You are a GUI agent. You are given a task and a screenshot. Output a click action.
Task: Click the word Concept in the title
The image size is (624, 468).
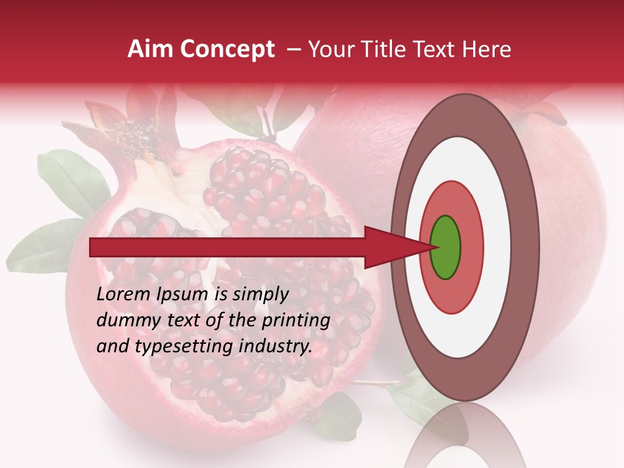click(226, 49)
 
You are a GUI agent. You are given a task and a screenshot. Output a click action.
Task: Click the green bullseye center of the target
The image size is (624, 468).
click(445, 247)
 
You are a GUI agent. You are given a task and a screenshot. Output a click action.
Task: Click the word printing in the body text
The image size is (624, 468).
click(297, 321)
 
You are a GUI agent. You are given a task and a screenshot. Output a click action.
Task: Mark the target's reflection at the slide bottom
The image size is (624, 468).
click(465, 439)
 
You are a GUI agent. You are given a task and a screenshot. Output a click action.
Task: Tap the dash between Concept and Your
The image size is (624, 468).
click(293, 49)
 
